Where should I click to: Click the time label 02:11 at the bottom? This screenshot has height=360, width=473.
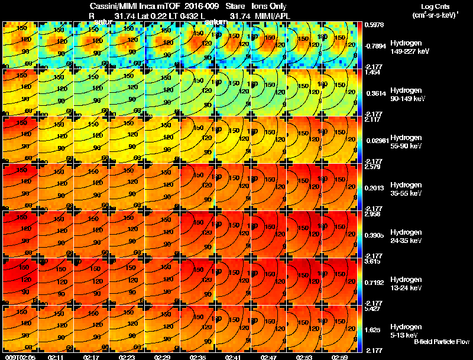(56, 357)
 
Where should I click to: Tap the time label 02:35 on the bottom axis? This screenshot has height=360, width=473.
(198, 357)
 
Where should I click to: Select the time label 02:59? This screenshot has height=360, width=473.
(340, 357)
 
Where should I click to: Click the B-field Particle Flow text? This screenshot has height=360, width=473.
(441, 342)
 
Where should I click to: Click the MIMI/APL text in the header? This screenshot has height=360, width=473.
(270, 15)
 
